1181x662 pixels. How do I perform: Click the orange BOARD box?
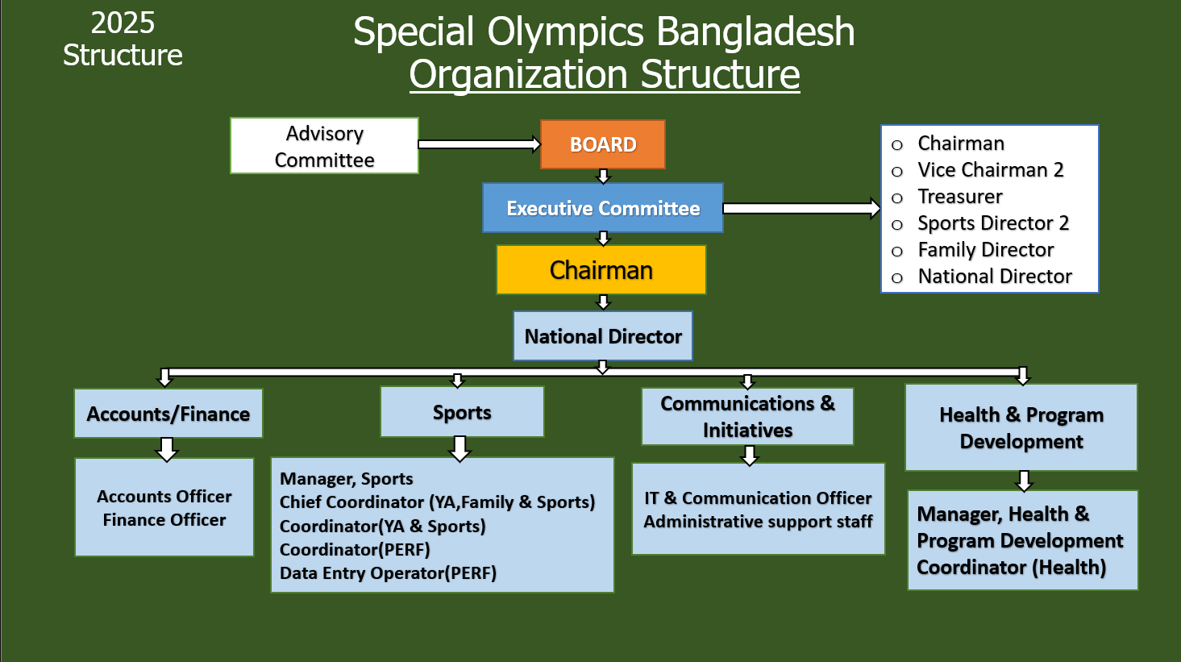[602, 144]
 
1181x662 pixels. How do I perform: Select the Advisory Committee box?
[324, 146]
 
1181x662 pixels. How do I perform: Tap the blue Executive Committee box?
[602, 208]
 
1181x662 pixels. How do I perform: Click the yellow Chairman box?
[601, 270]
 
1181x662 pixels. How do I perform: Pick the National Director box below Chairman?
[603, 336]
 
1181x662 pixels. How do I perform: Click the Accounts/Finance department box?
[168, 414]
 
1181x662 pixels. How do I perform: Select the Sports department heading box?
[462, 412]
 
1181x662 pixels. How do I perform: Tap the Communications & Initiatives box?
[747, 416]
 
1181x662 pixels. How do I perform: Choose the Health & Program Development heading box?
[1021, 427]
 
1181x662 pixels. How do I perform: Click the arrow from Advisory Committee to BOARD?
[479, 144]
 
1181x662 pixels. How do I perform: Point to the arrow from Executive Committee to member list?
[801, 208]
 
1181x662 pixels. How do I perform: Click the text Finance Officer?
[164, 520]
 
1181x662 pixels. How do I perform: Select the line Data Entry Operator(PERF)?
[388, 573]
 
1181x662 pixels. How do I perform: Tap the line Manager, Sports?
[347, 479]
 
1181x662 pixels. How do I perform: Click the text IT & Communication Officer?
[758, 498]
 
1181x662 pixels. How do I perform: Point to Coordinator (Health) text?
[1011, 568]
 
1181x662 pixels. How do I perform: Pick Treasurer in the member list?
[960, 197]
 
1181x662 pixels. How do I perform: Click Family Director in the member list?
[985, 250]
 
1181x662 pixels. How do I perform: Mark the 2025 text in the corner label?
[123, 23]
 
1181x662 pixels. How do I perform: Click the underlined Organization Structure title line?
[604, 74]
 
